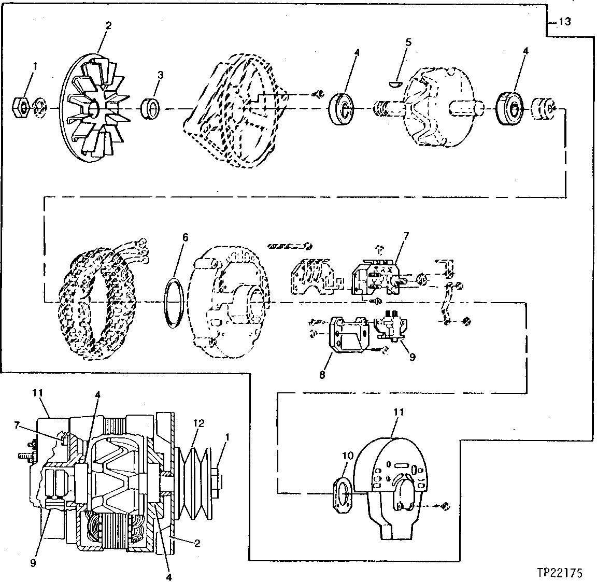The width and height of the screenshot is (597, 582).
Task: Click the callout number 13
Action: pyautogui.click(x=564, y=22)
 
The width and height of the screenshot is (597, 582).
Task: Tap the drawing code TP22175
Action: pyautogui.click(x=560, y=573)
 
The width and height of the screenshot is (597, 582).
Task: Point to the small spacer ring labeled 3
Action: pyautogui.click(x=152, y=108)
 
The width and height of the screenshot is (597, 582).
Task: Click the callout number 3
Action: pyautogui.click(x=160, y=75)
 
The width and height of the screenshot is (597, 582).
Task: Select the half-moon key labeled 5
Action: pyautogui.click(x=395, y=81)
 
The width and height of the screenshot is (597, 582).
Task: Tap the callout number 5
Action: pyautogui.click(x=408, y=42)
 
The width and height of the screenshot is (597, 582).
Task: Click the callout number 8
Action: pyautogui.click(x=322, y=375)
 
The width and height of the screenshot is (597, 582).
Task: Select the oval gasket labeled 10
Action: pyautogui.click(x=341, y=490)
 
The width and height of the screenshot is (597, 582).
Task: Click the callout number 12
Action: pyautogui.click(x=199, y=423)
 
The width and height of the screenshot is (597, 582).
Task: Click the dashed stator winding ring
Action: pyautogui.click(x=98, y=301)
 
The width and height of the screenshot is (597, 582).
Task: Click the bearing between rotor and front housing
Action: pyautogui.click(x=341, y=108)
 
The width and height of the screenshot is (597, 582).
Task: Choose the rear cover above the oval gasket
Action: pyautogui.click(x=394, y=482)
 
